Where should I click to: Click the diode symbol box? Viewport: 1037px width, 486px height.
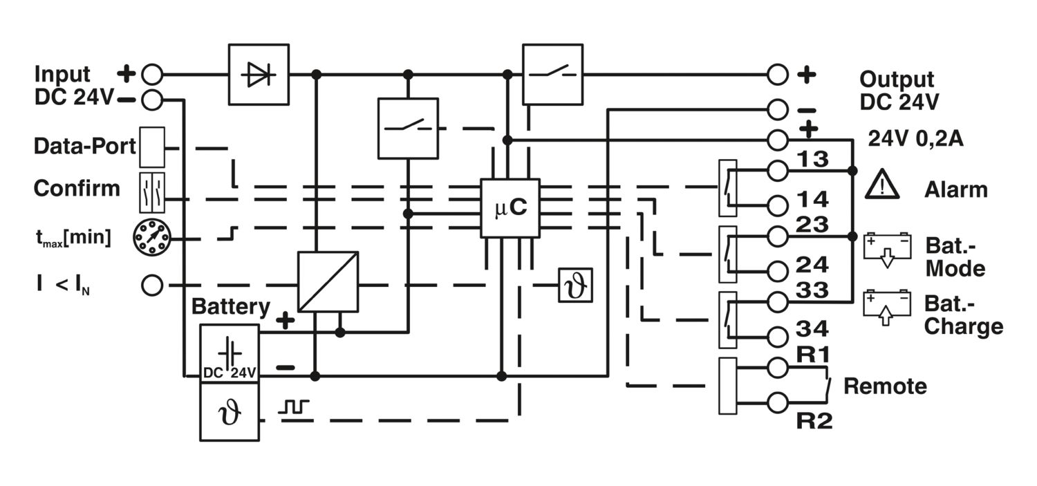point(259,75)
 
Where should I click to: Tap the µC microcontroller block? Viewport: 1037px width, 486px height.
point(510,208)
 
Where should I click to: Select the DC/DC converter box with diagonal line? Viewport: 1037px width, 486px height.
point(328,281)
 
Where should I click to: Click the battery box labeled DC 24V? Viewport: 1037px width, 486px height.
point(230,353)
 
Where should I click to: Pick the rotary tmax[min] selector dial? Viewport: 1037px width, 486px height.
point(151,238)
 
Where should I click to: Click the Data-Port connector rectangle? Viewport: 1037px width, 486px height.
point(152,147)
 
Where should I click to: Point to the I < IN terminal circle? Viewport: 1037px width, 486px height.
point(151,284)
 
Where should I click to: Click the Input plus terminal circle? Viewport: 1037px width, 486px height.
point(151,73)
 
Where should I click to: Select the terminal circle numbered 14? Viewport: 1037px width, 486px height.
point(778,205)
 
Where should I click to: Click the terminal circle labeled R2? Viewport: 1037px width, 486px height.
point(778,401)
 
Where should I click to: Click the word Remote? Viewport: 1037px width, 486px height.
point(885,386)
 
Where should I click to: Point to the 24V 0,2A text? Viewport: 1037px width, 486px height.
point(915,139)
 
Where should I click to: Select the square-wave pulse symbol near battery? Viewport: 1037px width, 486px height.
point(295,407)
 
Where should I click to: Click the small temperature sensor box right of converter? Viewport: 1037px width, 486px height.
point(576,285)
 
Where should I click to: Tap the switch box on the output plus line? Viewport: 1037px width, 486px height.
point(552,74)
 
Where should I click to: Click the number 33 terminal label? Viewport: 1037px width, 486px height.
point(812,290)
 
